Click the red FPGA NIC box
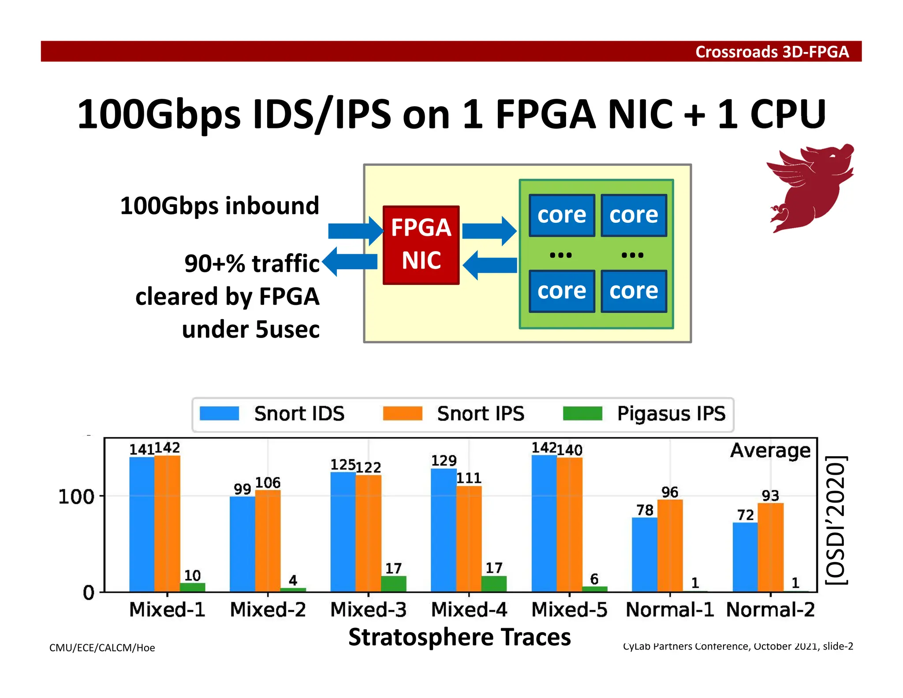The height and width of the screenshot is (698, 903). [x=421, y=245]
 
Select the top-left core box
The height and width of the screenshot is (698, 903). [x=561, y=215]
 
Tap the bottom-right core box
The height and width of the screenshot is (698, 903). [x=633, y=291]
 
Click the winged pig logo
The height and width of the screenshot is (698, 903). [x=810, y=188]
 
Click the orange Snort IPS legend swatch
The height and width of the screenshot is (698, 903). [x=402, y=414]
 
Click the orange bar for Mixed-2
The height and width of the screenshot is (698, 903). [x=268, y=540]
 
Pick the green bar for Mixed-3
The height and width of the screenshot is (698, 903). [x=393, y=583]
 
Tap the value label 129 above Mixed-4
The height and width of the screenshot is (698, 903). [x=444, y=461]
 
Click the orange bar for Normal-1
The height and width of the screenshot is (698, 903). [x=670, y=545]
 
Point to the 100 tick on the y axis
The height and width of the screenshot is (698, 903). [x=76, y=497]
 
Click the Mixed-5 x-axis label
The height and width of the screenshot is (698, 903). [x=569, y=610]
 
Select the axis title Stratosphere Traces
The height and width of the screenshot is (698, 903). [x=459, y=638]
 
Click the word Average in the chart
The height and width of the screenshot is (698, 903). [x=770, y=450]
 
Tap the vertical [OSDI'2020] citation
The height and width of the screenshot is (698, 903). [x=836, y=520]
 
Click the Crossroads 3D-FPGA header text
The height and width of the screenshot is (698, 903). [x=772, y=52]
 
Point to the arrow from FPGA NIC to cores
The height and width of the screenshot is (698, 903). [x=489, y=231]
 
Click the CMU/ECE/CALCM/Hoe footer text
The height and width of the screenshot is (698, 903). [x=102, y=648]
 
